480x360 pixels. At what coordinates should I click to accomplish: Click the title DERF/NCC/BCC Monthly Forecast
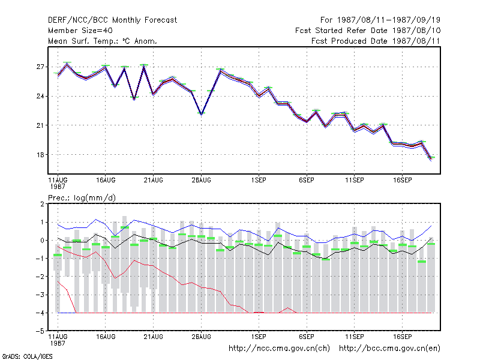click(x=112, y=20)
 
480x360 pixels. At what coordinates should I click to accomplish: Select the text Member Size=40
click(x=80, y=31)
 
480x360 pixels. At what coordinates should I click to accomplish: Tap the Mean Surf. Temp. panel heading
click(x=103, y=41)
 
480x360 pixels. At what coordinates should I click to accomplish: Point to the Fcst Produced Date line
click(x=376, y=41)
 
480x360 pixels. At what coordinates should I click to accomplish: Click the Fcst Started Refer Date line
click(x=368, y=31)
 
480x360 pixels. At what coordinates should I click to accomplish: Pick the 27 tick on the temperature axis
click(x=40, y=67)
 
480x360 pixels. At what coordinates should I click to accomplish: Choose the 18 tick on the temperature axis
click(x=40, y=155)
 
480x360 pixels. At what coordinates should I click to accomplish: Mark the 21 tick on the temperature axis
click(x=40, y=125)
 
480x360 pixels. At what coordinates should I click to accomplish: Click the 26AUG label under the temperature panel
click(x=201, y=181)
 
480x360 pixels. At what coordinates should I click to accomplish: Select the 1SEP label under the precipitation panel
click(x=259, y=337)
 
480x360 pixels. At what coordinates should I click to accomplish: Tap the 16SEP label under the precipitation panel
click(x=402, y=337)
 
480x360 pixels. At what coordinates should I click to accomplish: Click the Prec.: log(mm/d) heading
click(x=82, y=198)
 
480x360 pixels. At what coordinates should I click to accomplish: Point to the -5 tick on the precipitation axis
click(x=40, y=331)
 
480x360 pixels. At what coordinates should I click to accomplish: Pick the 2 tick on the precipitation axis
click(x=42, y=204)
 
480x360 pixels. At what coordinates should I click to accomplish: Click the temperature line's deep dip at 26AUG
click(x=201, y=114)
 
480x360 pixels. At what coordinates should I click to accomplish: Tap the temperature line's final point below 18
click(x=431, y=159)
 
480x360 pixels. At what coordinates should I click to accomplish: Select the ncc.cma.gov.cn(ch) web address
click(x=279, y=349)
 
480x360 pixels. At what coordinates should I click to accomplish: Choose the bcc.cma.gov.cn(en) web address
click(x=389, y=349)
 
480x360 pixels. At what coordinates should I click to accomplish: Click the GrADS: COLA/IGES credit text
click(x=27, y=356)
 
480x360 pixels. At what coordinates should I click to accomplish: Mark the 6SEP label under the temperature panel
click(x=307, y=181)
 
